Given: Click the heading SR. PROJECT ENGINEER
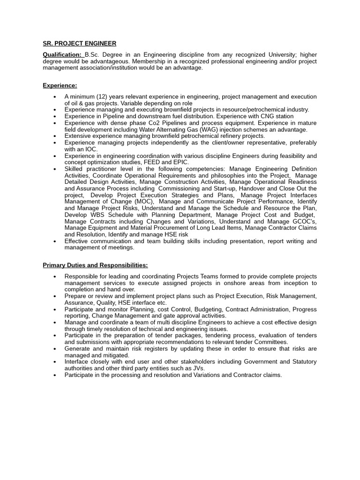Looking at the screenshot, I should click(x=79, y=44).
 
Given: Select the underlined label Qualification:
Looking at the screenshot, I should click(x=62, y=55).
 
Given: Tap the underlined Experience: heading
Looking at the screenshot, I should click(x=60, y=85).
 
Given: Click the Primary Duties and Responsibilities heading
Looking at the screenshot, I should click(x=95, y=265).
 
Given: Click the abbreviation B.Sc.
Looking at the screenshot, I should click(x=93, y=55).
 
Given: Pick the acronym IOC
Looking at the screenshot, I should click(x=90, y=149).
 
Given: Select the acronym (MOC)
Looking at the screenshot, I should click(x=141, y=202).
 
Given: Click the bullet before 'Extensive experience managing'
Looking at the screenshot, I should click(x=55, y=136).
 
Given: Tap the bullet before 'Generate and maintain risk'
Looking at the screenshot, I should click(x=55, y=349).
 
